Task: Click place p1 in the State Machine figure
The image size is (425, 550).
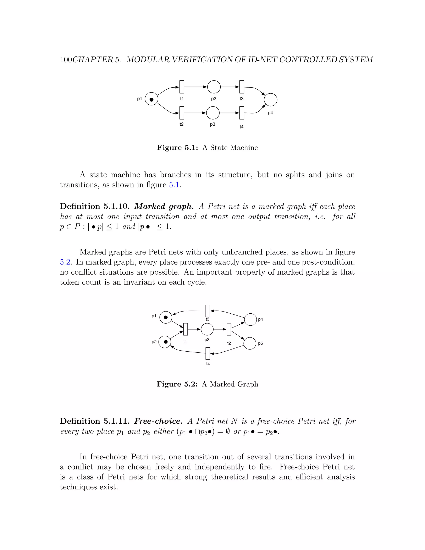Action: tap(151, 99)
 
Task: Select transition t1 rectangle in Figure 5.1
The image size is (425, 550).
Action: tap(182, 87)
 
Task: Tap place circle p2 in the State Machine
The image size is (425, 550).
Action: tap(214, 87)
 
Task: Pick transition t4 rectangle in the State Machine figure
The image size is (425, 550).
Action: tap(242, 113)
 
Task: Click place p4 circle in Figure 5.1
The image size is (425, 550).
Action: tap(270, 99)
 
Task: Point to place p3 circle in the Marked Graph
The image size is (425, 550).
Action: tap(207, 329)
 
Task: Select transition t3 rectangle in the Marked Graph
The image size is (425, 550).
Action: tap(208, 311)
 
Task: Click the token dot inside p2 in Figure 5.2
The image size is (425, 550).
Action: tap(166, 342)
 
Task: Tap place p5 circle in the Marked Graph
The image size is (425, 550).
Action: tap(250, 343)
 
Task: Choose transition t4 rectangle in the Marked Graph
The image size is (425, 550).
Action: tap(208, 354)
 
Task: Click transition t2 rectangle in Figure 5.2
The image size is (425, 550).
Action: tap(229, 329)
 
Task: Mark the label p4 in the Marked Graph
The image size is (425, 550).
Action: tap(261, 320)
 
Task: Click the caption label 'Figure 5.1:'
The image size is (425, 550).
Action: tap(177, 148)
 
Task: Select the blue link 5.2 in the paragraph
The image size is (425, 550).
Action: tap(65, 262)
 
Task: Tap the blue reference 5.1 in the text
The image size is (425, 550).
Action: tap(174, 185)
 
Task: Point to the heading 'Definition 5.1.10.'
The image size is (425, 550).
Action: tap(95, 207)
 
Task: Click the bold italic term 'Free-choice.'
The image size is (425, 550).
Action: tap(158, 421)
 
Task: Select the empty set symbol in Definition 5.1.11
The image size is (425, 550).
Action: tap(228, 432)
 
